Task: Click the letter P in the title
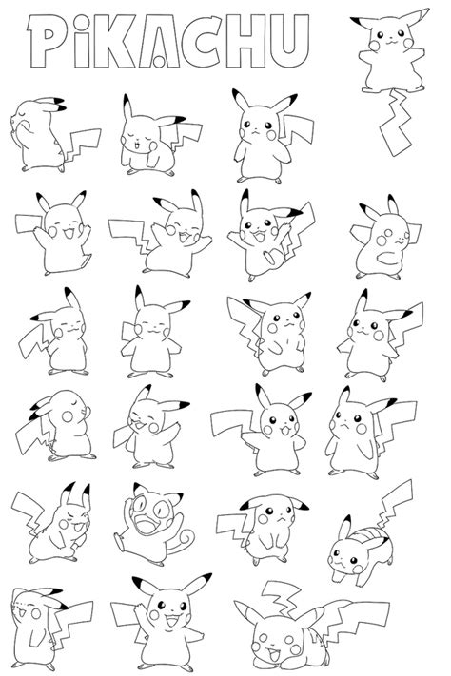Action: [x=45, y=42]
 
